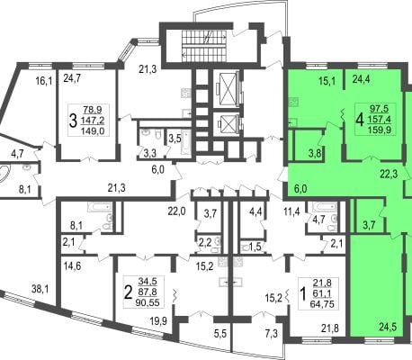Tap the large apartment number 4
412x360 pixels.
[360, 120]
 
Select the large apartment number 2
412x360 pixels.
[128, 292]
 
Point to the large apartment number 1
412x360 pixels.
[303, 294]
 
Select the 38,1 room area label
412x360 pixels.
[41, 290]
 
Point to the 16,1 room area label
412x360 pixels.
[44, 81]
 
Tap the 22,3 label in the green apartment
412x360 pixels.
[390, 174]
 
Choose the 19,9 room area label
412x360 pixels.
[158, 322]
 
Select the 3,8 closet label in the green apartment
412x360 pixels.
[316, 154]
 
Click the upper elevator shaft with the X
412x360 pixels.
[226, 88]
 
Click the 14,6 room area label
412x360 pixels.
[73, 265]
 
